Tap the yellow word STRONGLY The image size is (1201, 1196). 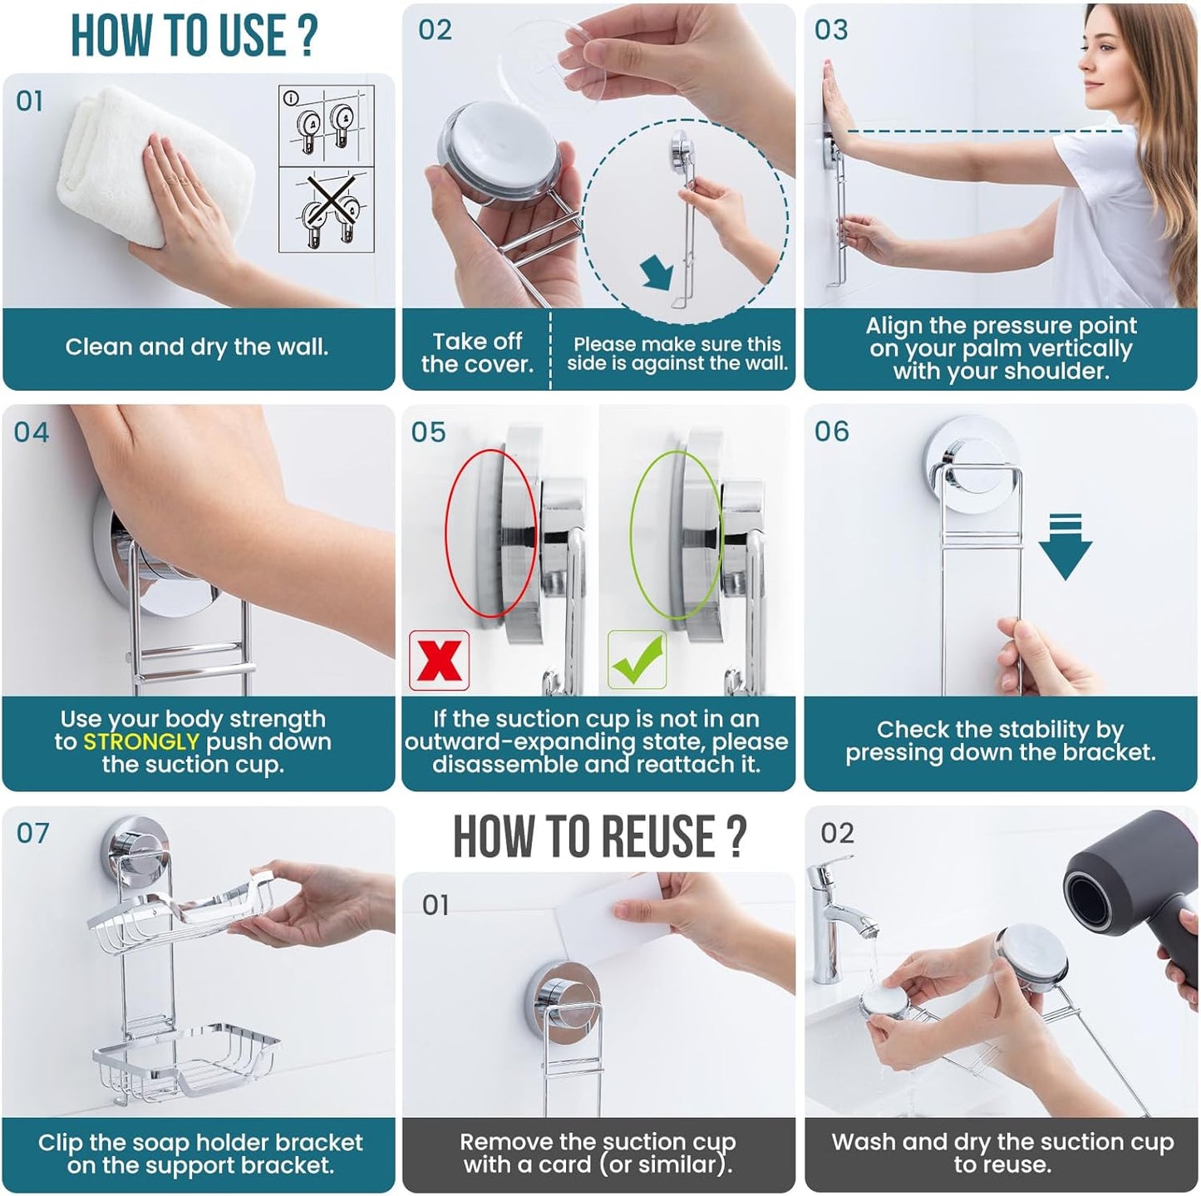point(141,741)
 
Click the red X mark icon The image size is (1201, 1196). point(439,660)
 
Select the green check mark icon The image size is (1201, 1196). point(637,660)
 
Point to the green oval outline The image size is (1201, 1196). point(675,534)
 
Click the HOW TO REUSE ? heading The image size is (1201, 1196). point(598,836)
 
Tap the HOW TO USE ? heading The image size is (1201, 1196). point(194,35)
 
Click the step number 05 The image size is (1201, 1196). point(428,432)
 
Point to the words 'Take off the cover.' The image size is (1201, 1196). point(476,352)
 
